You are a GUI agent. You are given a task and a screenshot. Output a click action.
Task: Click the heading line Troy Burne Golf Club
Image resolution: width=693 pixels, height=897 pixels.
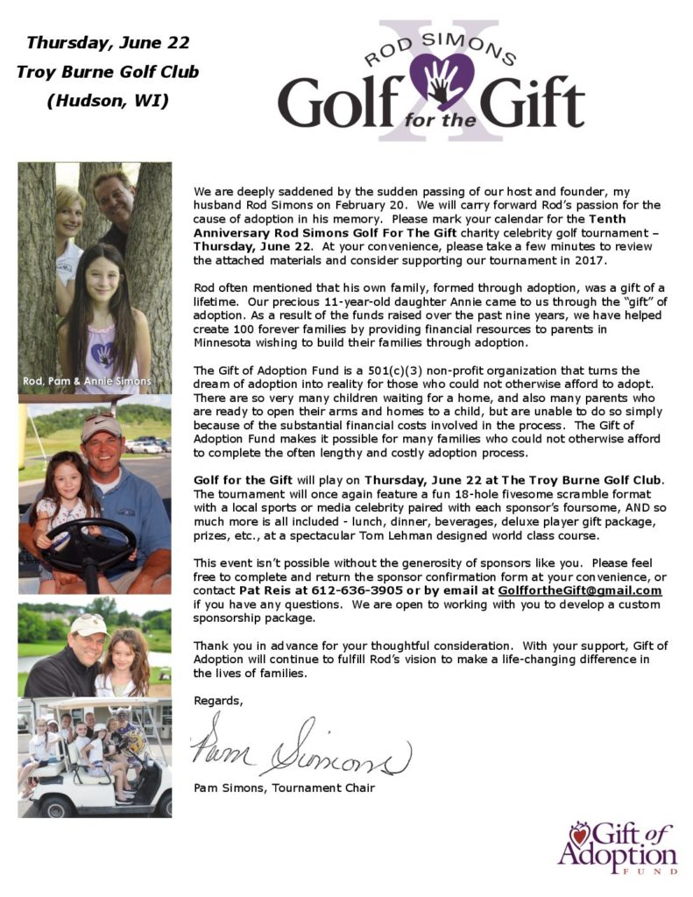click(107, 71)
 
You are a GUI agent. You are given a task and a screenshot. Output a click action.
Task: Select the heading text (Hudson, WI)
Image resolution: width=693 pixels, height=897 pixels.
click(107, 100)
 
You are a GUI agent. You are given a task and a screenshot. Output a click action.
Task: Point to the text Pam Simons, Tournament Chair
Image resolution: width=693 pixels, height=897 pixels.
click(284, 788)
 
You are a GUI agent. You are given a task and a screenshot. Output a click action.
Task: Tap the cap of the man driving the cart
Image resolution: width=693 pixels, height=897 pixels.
click(100, 427)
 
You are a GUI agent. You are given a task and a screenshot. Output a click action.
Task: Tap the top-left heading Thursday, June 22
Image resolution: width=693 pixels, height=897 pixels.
click(107, 42)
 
